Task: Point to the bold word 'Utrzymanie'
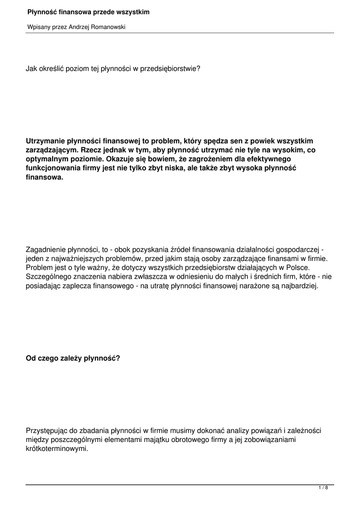(x=45, y=141)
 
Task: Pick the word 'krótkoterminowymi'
(x=57, y=449)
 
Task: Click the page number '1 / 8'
(x=323, y=488)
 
